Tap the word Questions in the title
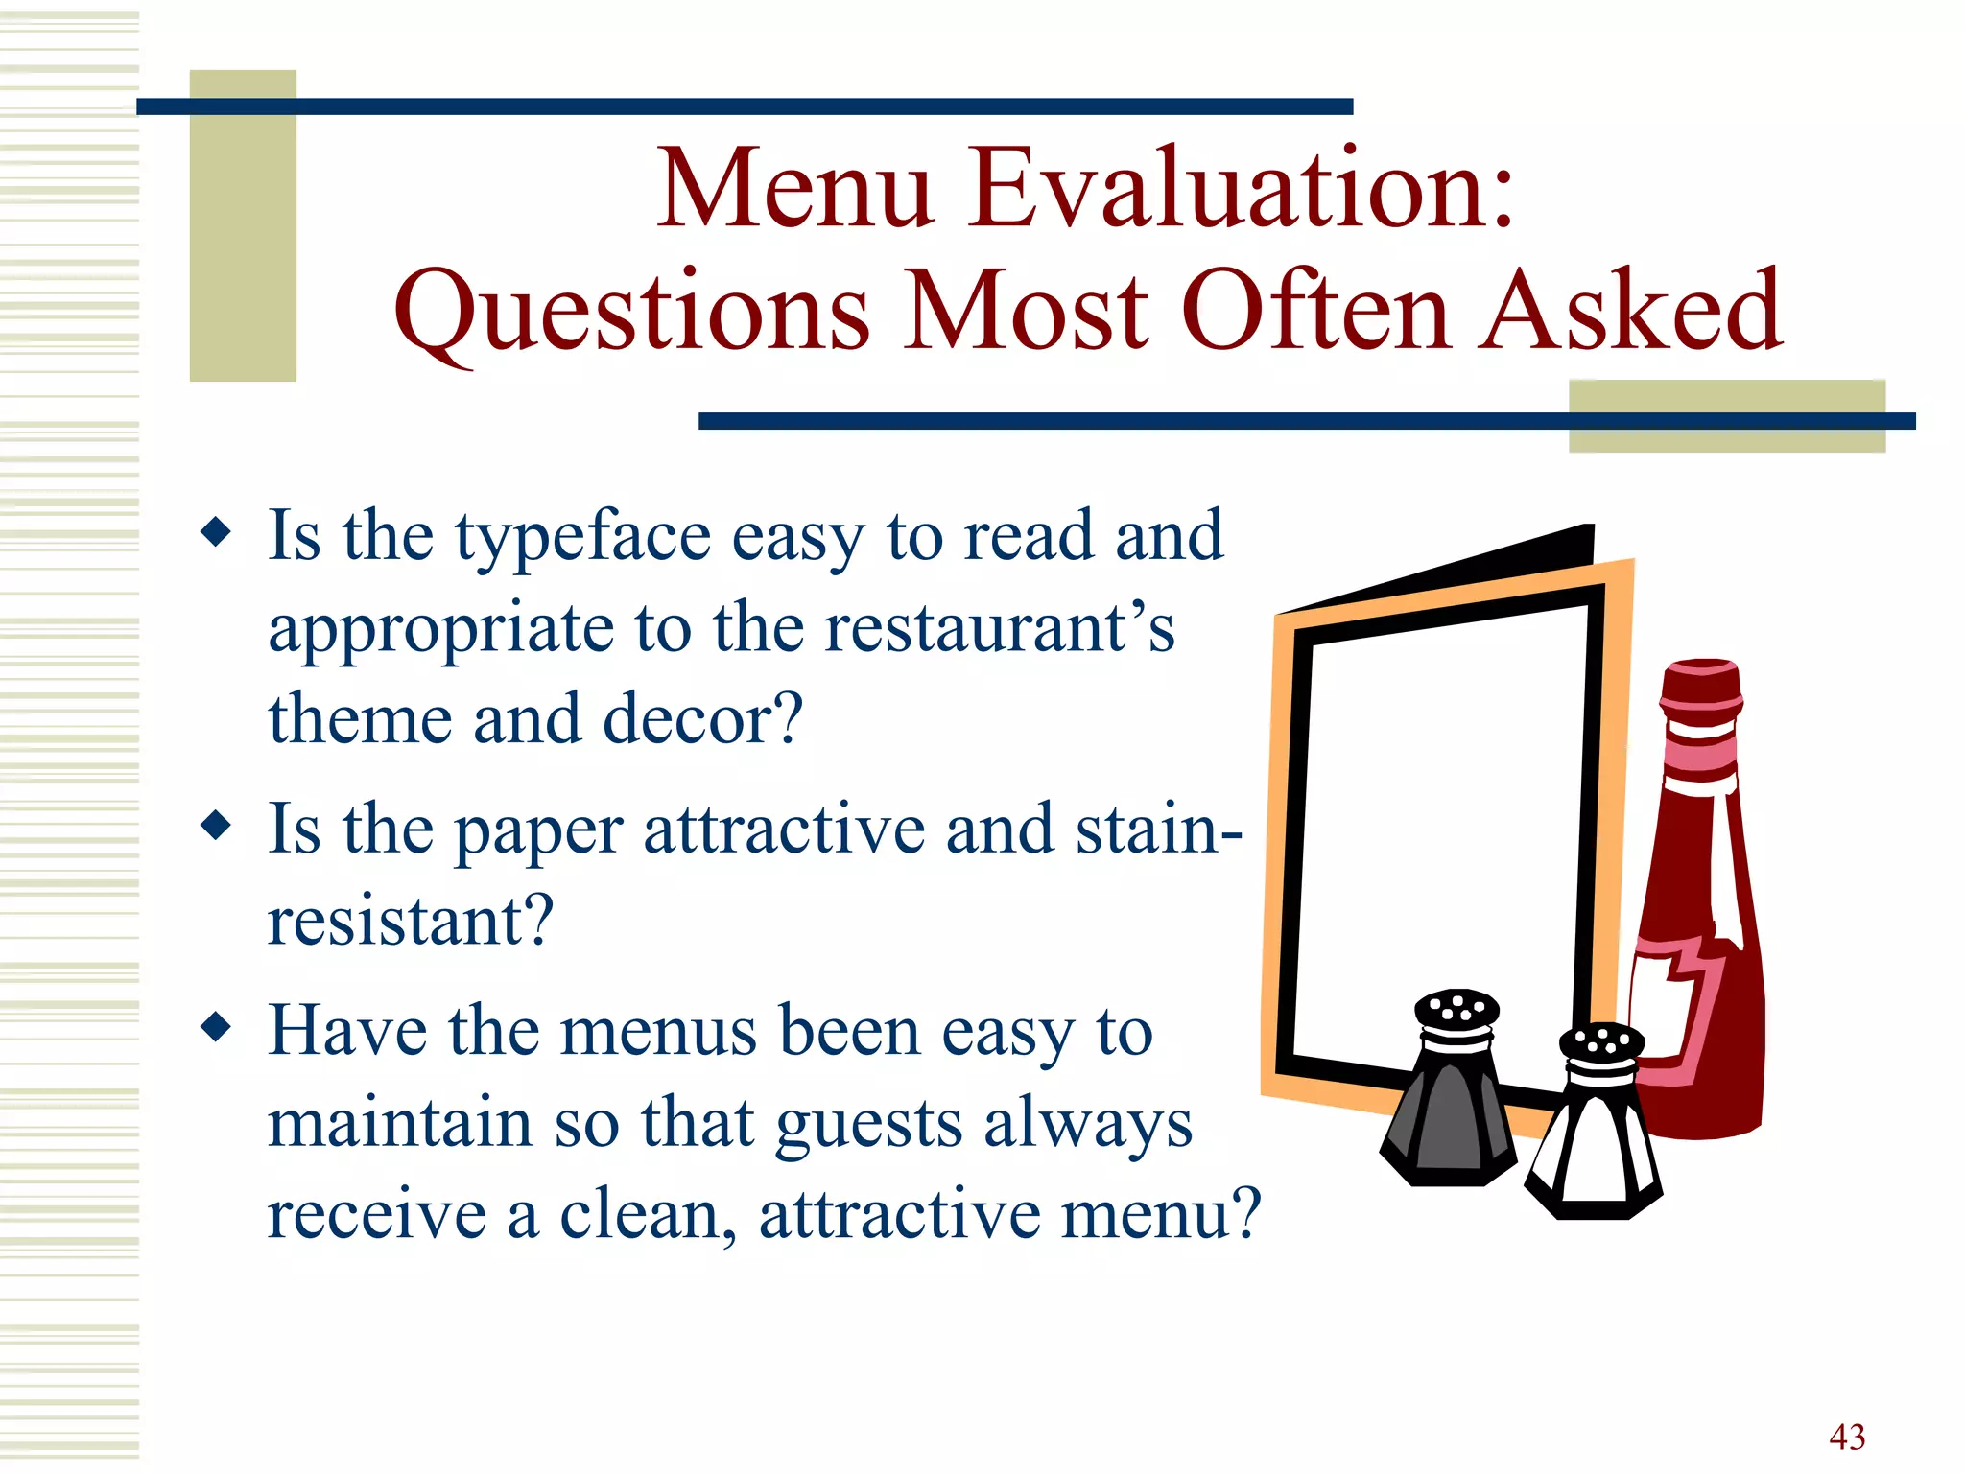(632, 312)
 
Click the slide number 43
(1847, 1437)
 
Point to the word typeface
(582, 537)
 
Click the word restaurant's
(999, 628)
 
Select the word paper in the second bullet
(538, 831)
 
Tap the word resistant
(410, 921)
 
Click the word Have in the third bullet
(346, 1031)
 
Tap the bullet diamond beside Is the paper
(217, 826)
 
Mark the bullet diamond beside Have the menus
(217, 1027)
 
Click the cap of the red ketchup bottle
(1701, 684)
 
